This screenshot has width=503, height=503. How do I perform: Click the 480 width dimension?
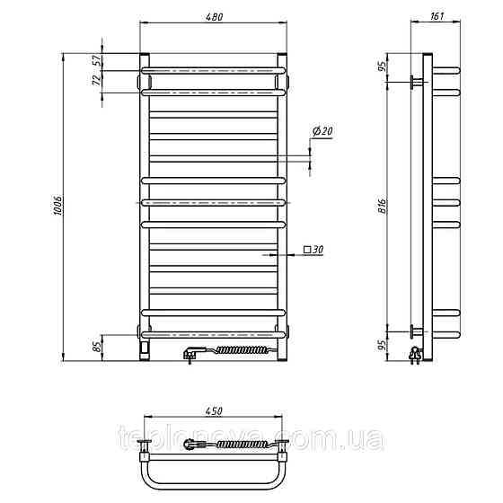tap(214, 17)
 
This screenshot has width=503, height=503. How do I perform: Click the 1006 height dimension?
tap(57, 205)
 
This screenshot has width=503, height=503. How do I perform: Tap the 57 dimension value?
tap(97, 60)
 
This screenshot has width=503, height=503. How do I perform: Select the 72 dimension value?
tap(97, 81)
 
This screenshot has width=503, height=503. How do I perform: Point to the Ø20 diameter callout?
tap(322, 131)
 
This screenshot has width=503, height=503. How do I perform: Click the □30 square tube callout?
tap(313, 250)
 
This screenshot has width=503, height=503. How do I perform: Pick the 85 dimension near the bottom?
tap(97, 346)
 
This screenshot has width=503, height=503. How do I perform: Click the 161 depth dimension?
tap(437, 16)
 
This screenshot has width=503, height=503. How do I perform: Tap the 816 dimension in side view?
tap(382, 206)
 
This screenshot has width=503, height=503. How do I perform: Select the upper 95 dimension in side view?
tap(382, 66)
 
